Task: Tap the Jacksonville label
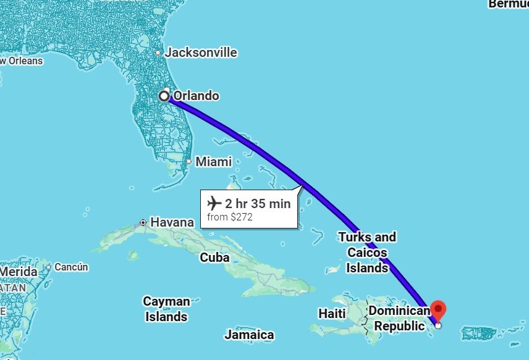tap(201, 52)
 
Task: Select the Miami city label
tap(214, 162)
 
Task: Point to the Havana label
tap(172, 222)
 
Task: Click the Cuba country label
tap(214, 257)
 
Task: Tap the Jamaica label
tap(249, 335)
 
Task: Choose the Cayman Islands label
tap(166, 309)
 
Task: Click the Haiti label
tap(332, 313)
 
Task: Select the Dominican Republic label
tap(397, 318)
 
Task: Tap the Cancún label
tap(71, 267)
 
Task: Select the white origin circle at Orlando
tap(164, 96)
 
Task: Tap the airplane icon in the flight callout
tap(214, 203)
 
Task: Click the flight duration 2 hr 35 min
tap(257, 204)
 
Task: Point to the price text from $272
tap(230, 217)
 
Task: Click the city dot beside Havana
tap(143, 222)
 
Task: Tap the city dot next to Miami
tap(189, 162)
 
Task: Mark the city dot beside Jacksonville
tap(158, 52)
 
